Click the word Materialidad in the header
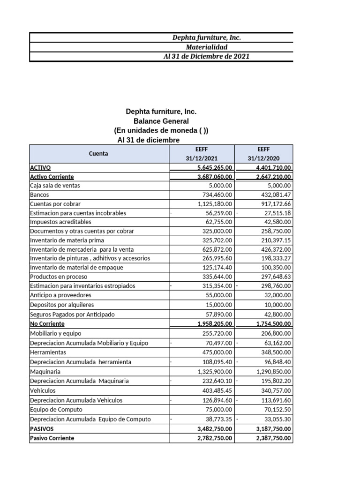pyautogui.click(x=207, y=47)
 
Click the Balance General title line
pyautogui.click(x=161, y=121)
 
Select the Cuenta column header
pyautogui.click(x=98, y=153)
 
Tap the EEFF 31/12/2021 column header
pyautogui.click(x=202, y=153)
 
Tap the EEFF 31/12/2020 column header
pyautogui.click(x=264, y=153)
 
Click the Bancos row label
pyautogui.click(x=39, y=194)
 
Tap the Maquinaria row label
pyautogui.click(x=45, y=372)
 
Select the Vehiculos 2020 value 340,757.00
pyautogui.click(x=274, y=390)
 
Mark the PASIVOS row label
pyautogui.click(x=42, y=429)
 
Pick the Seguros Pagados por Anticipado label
pyautogui.click(x=72, y=314)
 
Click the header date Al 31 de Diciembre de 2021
pyautogui.click(x=206, y=56)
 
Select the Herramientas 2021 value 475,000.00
pyautogui.click(x=215, y=352)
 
